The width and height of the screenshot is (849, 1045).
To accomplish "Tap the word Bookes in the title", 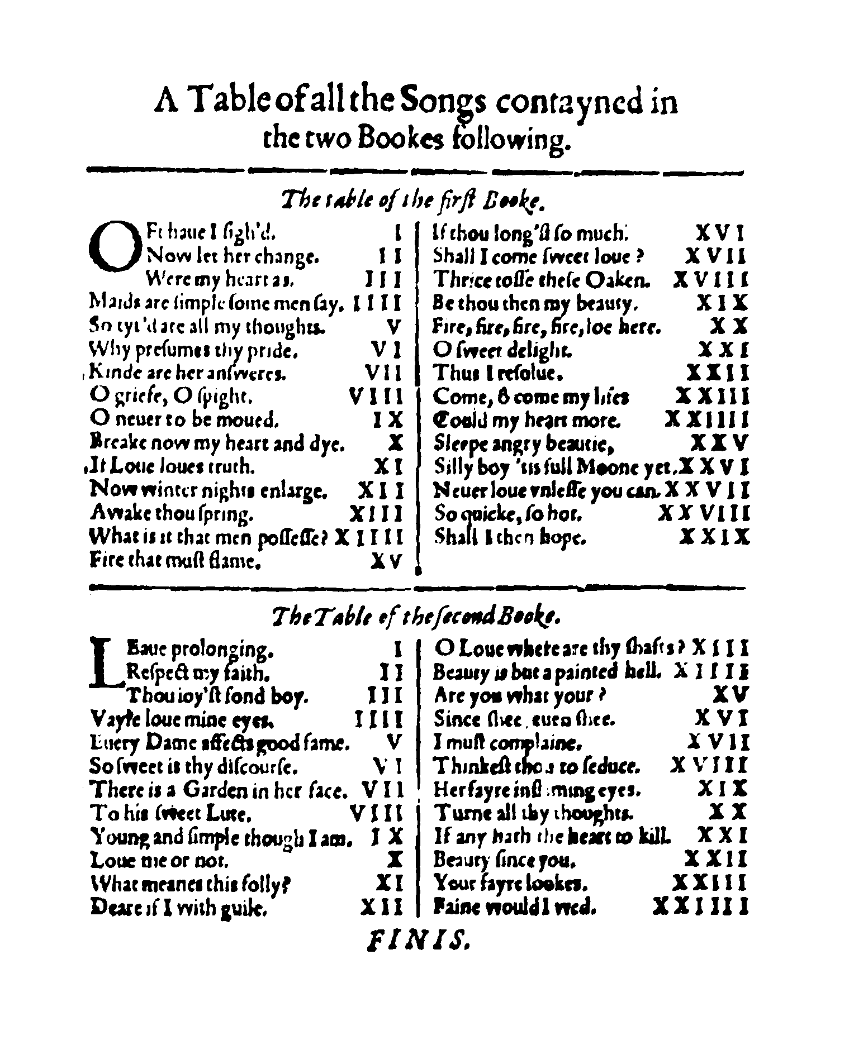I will click(x=399, y=140).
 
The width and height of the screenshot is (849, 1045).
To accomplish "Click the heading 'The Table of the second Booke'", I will click(x=415, y=617).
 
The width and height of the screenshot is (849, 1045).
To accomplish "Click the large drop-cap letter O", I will click(x=113, y=246).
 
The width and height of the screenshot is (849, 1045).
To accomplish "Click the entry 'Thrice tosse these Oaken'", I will click(x=542, y=279).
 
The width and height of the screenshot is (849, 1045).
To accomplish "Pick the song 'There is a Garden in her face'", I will click(x=219, y=789).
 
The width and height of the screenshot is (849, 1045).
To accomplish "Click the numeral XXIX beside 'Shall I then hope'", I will click(x=714, y=537).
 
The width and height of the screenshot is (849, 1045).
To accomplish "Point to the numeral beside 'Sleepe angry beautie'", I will click(x=718, y=443).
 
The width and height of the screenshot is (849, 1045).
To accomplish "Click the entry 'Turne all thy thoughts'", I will click(x=534, y=812).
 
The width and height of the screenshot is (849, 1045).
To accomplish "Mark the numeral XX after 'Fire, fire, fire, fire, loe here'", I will click(x=728, y=326).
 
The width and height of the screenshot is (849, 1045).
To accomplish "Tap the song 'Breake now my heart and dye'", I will click(x=217, y=443).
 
